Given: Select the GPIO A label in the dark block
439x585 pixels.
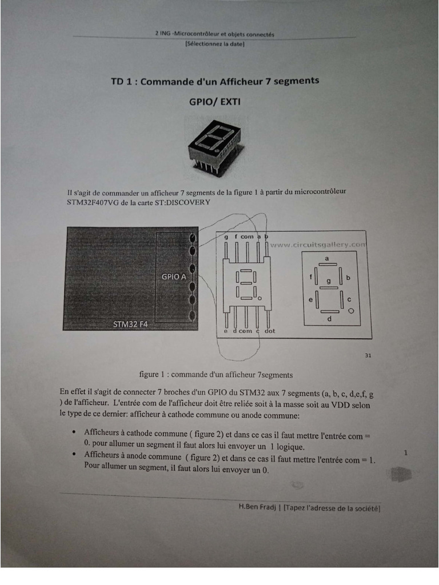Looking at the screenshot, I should coord(174,277).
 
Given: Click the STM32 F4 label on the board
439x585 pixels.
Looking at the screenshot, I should coord(131,324).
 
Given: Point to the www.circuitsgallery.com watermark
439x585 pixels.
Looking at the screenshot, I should coord(317,245).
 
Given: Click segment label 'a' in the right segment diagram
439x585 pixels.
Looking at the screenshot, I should coord(327,259).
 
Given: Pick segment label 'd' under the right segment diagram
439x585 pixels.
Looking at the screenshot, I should coord(329,319).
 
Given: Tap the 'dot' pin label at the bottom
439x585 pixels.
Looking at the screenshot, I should coord(270,331).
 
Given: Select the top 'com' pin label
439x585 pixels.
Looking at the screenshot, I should coord(247,237).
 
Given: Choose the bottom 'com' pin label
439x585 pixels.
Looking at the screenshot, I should coord(245,331).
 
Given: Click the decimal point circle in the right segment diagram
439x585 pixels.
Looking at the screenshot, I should coord(352,311).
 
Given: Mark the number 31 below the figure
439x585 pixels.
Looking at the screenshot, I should coord(368,355).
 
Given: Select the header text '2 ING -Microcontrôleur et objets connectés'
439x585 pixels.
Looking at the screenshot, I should coord(214,34).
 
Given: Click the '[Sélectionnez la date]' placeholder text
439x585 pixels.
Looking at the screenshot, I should coord(215,43).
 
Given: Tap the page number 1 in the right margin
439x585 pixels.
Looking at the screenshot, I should coord(406,453).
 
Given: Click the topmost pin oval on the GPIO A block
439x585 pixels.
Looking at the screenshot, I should coord(193,237).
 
